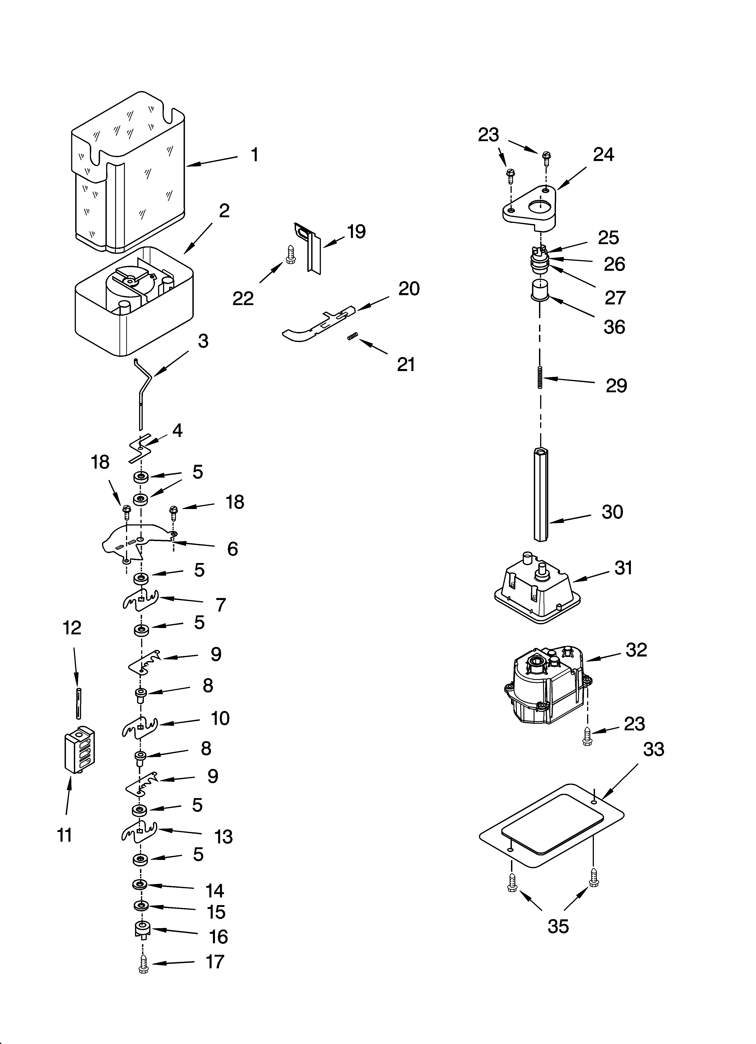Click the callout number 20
[x=409, y=289]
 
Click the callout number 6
[x=233, y=549]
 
